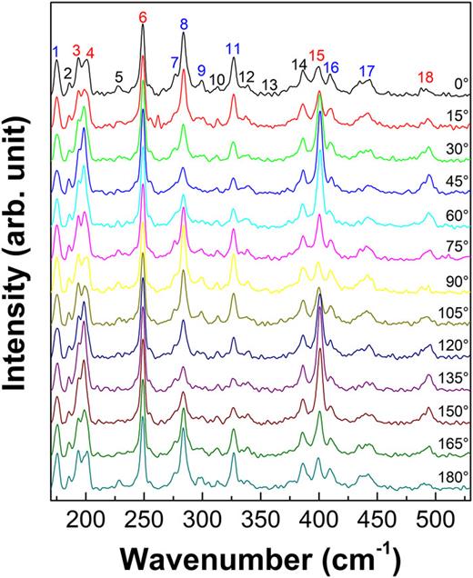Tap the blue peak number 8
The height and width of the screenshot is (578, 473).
[184, 24]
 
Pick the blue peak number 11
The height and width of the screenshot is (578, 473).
[233, 47]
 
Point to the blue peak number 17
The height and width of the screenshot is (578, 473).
[367, 70]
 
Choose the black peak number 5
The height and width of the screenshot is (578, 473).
[119, 77]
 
